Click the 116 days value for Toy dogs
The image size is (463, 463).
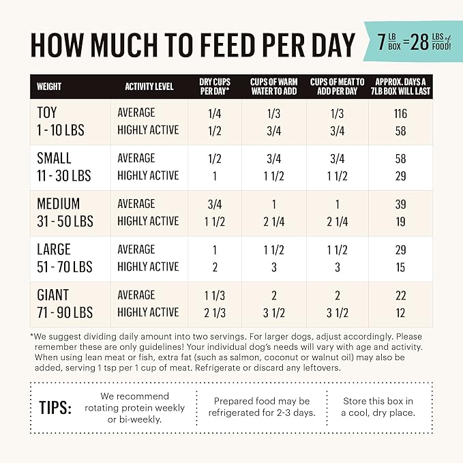tap(400, 113)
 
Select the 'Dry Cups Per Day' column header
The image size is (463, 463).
tap(215, 87)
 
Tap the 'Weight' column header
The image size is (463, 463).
tap(49, 87)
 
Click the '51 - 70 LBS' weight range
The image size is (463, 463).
tap(65, 267)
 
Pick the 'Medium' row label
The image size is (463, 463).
tap(59, 204)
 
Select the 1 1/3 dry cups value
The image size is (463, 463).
tap(215, 295)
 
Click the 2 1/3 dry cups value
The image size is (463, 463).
tap(215, 312)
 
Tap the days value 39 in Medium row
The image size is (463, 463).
tap(400, 204)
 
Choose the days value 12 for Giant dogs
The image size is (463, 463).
tap(400, 312)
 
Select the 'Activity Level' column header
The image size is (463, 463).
tap(149, 87)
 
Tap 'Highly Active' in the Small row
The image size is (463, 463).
tap(148, 175)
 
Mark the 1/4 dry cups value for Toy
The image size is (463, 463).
tap(215, 113)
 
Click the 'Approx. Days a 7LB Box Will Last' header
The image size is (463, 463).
tap(400, 87)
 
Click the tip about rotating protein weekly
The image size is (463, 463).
tap(134, 408)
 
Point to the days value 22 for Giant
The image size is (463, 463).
tap(400, 295)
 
